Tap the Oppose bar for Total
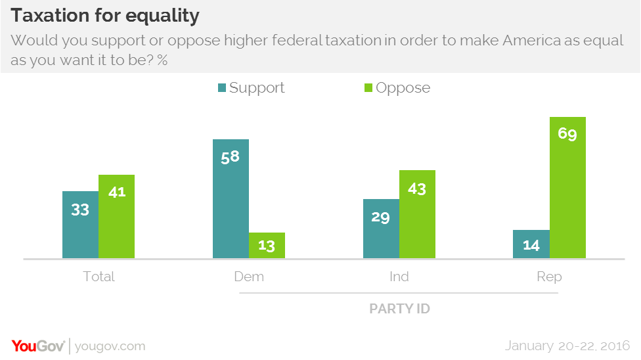[x=116, y=216]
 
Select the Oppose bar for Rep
[x=567, y=187]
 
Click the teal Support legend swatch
[x=221, y=88]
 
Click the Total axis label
[x=99, y=277]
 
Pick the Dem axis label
[x=249, y=277]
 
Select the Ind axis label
[x=399, y=277]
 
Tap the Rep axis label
[x=549, y=277]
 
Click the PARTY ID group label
[x=399, y=308]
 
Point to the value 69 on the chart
[x=567, y=135]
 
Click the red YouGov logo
[x=37, y=346]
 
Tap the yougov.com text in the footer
[x=110, y=346]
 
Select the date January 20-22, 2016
[x=567, y=346]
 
